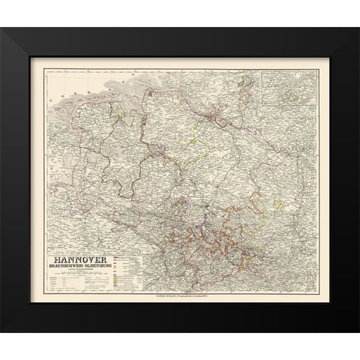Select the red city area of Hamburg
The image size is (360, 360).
click(x=216, y=114)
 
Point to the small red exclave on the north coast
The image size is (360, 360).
click(x=158, y=94)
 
